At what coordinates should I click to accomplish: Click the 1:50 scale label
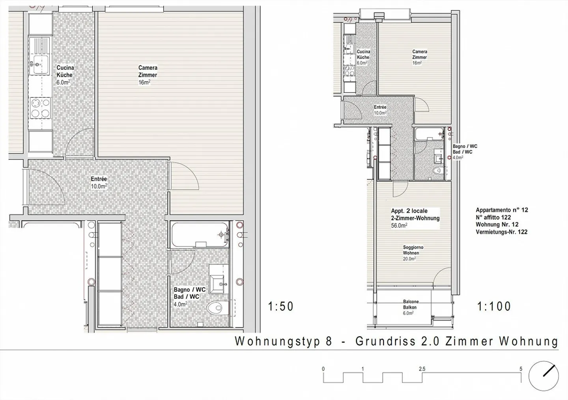tap(281, 306)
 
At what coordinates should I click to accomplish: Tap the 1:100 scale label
tap(494, 306)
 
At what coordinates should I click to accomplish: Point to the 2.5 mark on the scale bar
tap(422, 369)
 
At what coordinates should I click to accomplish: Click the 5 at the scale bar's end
tap(521, 369)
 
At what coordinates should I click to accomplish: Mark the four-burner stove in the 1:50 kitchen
tap(40, 108)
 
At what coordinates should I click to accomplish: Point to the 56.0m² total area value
tap(399, 226)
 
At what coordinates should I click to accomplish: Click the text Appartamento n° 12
tap(501, 210)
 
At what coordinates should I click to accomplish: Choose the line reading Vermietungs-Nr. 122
tap(501, 232)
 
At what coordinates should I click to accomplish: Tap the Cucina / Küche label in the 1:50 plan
tap(65, 71)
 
